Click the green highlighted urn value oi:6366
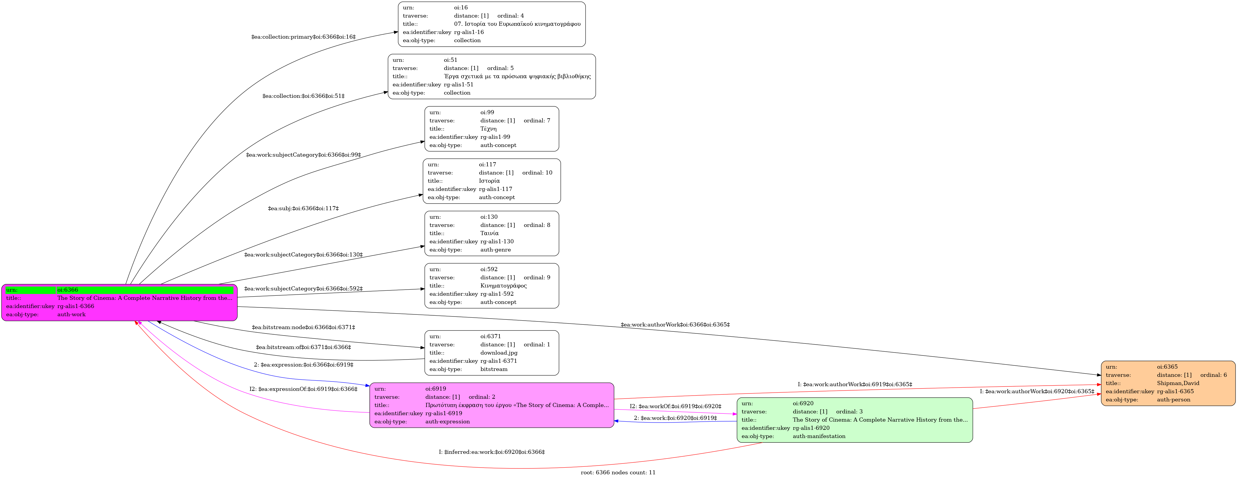tap(68, 290)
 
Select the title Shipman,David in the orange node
tap(1178, 383)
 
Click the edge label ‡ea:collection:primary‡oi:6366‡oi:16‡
tap(304, 37)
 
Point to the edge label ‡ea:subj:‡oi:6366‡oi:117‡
tap(304, 208)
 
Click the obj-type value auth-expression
tap(448, 422)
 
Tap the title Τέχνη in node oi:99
tap(488, 129)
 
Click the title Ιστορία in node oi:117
tap(489, 181)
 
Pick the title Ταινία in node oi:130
tap(489, 233)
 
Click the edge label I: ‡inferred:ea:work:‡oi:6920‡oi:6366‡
tap(492, 452)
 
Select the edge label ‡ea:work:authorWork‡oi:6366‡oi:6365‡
tap(675, 325)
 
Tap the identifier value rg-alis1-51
tap(458, 85)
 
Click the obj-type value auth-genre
tap(496, 250)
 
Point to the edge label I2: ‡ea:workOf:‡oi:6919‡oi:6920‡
tap(676, 406)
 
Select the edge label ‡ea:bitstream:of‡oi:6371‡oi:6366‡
tap(304, 347)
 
